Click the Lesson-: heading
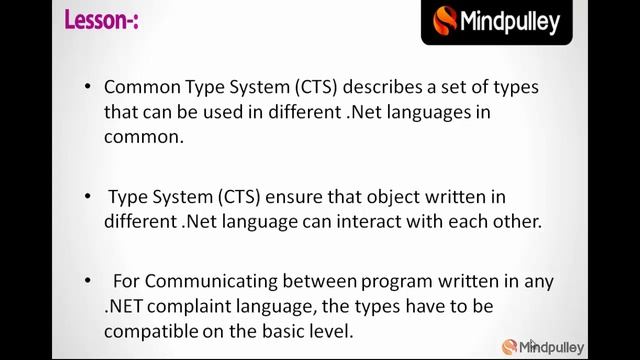coord(101,20)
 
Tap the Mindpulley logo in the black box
coord(497,21)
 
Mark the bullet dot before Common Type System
coord(89,87)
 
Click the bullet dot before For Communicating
coord(89,281)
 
